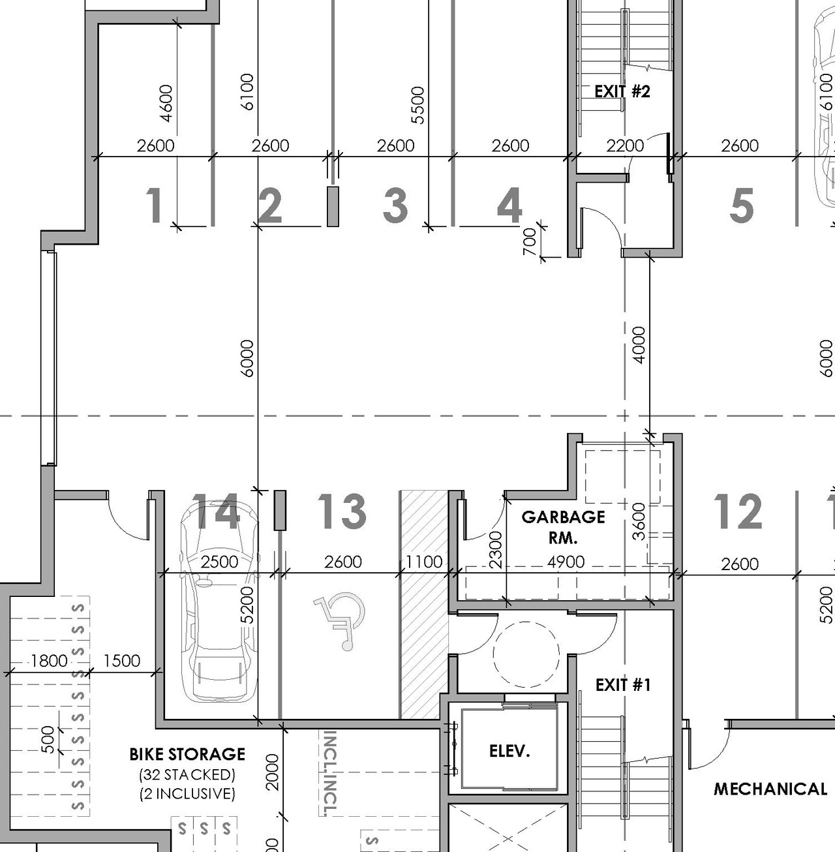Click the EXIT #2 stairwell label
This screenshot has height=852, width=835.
point(622,91)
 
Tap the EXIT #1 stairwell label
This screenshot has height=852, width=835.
point(622,684)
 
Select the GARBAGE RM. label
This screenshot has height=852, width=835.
point(563,527)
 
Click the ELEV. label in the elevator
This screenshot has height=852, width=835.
point(509,751)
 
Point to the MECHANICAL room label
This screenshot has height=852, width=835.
point(770,789)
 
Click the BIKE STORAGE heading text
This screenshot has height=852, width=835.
point(187,754)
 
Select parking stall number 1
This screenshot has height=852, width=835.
point(154,205)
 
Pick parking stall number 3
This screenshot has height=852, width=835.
point(395,205)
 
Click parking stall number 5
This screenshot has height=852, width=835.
point(741,205)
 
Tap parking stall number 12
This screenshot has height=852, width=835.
point(738,511)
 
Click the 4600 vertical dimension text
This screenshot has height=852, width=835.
point(166,102)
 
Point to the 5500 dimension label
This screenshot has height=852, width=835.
point(417,104)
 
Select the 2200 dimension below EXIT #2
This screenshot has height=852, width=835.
point(624,145)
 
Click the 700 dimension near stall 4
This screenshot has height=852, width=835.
point(530,241)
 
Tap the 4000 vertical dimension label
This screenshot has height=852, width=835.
point(639,344)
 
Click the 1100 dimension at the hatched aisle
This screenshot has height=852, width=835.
point(424,562)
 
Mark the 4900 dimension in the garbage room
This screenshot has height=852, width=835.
point(566,562)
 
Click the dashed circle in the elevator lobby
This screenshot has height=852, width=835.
point(526,653)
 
